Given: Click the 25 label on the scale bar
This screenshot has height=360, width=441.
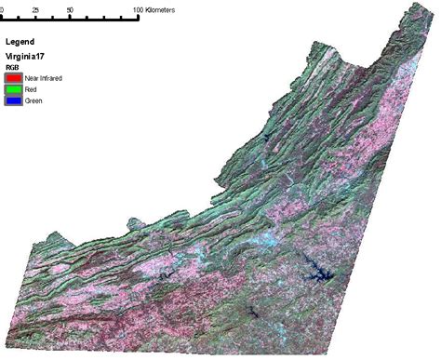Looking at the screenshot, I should coord(35,8).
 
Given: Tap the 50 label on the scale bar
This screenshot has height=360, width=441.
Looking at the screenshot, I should coord(71,8).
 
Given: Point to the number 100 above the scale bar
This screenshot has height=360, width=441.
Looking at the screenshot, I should coord(140,8).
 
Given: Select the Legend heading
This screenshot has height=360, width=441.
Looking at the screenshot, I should coord(21,43).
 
